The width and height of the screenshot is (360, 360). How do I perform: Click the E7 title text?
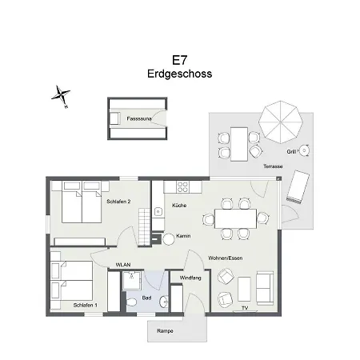point(179,59)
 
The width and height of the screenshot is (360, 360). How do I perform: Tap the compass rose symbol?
point(61,95)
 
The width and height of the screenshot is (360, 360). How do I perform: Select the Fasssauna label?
point(139,118)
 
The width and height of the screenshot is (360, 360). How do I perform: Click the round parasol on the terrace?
point(279,120)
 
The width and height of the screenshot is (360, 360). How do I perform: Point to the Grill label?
point(291,150)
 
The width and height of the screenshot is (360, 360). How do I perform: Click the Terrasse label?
point(272,166)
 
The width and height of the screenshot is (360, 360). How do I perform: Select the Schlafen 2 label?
point(118,201)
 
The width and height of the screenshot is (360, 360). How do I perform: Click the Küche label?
point(180,206)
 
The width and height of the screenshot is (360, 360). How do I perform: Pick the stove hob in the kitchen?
point(182,188)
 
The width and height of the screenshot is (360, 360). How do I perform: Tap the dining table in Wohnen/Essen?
point(234,218)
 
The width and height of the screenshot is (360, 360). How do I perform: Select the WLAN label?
point(123,264)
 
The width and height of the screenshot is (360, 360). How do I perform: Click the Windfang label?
point(190,277)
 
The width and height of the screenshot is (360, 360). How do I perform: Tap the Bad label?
point(146,297)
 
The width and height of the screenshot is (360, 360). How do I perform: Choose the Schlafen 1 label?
point(85,305)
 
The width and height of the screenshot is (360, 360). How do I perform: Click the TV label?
point(245,307)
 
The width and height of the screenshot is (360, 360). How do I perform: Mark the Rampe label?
point(165,330)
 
